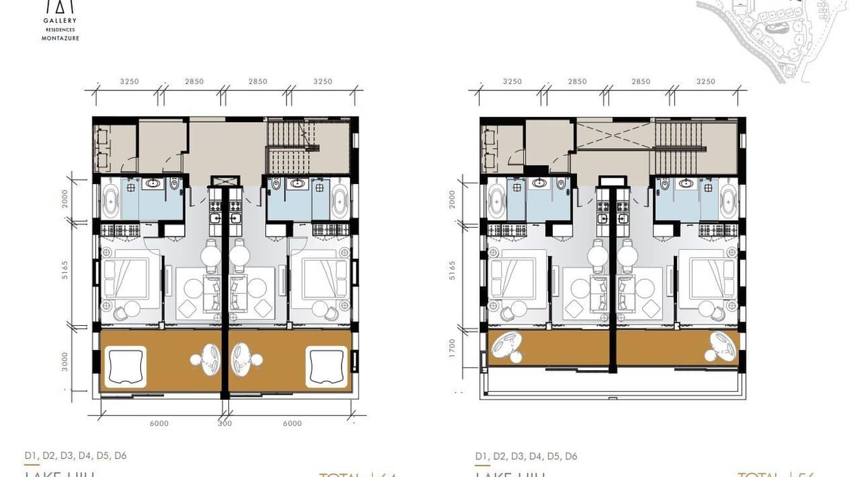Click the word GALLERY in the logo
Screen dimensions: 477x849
pyautogui.click(x=60, y=20)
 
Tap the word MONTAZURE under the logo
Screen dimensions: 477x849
pyautogui.click(x=60, y=38)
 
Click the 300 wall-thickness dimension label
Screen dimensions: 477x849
pyautogui.click(x=225, y=424)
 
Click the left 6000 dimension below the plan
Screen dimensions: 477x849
pyautogui.click(x=159, y=424)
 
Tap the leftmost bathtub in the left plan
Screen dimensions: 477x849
pyautogui.click(x=111, y=199)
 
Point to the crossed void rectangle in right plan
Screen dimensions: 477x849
pyautogui.click(x=612, y=135)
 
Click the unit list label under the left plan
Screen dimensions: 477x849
pyautogui.click(x=75, y=455)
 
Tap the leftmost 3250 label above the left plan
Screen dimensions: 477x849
pyautogui.click(x=129, y=82)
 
